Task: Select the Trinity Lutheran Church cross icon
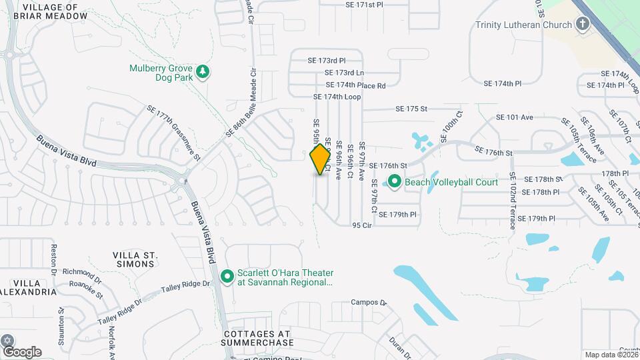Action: click(x=582, y=25)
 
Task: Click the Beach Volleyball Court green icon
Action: click(x=395, y=181)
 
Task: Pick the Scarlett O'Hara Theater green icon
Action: click(x=227, y=275)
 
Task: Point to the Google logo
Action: click(x=21, y=351)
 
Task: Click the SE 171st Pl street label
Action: click(x=365, y=5)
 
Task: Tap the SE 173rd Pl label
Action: click(x=327, y=60)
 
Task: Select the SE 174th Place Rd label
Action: click(x=356, y=85)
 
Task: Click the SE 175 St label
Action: click(x=411, y=109)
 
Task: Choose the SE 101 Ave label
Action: click(x=514, y=117)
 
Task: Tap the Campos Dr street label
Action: click(x=369, y=302)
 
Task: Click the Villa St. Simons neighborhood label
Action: click(x=134, y=259)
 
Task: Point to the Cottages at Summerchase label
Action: click(x=259, y=338)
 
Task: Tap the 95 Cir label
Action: click(x=361, y=226)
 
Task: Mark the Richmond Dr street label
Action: click(x=81, y=272)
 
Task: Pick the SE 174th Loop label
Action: click(x=337, y=97)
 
